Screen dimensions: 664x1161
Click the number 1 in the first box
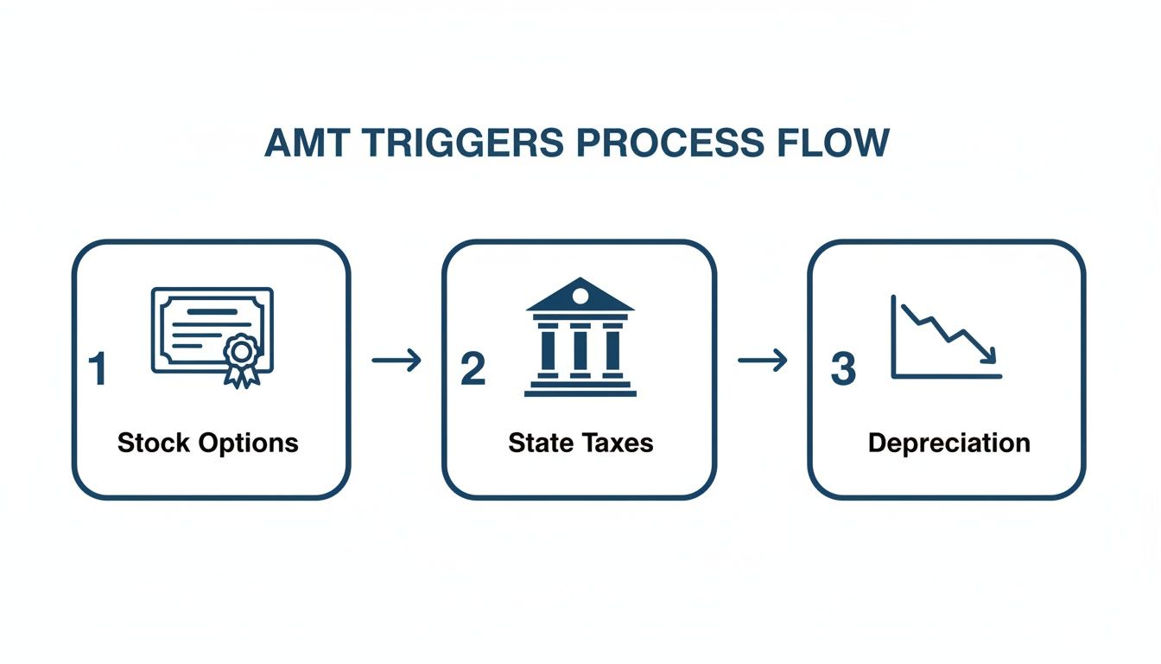pyautogui.click(x=98, y=369)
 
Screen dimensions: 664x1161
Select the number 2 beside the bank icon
pyautogui.click(x=473, y=369)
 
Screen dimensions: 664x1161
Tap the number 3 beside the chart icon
pyautogui.click(x=842, y=369)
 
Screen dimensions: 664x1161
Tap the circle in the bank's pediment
pyautogui.click(x=580, y=297)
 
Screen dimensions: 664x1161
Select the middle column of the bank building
pyautogui.click(x=580, y=349)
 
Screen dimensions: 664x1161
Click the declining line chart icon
pyautogui.click(x=946, y=337)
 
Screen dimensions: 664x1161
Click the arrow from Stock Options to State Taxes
pyautogui.click(x=397, y=360)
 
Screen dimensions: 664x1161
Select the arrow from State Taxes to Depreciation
pyautogui.click(x=763, y=360)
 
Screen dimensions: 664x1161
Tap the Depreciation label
pyautogui.click(x=948, y=444)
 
